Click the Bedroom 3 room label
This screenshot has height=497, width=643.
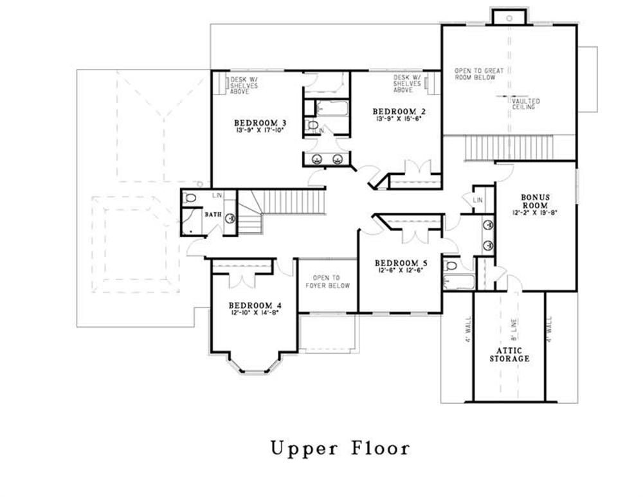click(260, 122)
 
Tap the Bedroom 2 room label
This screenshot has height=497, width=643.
click(399, 112)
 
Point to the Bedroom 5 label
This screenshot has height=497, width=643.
click(401, 263)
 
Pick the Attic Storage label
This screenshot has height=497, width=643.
click(509, 354)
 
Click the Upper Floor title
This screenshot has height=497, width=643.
click(340, 447)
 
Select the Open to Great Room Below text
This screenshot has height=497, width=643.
click(475, 73)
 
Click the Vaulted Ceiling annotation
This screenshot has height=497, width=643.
click(526, 105)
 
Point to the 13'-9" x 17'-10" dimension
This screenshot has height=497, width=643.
click(260, 130)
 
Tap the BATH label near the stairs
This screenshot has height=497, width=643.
click(213, 214)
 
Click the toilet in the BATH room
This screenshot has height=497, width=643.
click(189, 199)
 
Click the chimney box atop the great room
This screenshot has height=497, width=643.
click(509, 17)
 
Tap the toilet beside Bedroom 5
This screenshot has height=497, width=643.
click(451, 265)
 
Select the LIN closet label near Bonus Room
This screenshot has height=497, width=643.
click(478, 201)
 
